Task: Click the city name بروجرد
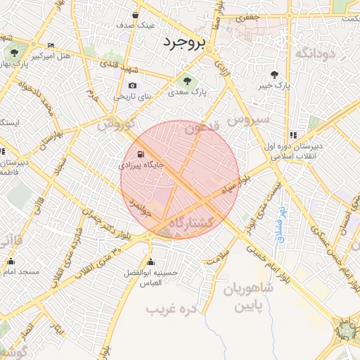pyautogui.click(x=184, y=41)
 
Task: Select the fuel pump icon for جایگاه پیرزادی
pyautogui.click(x=141, y=154)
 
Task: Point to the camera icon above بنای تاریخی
pyautogui.click(x=132, y=85)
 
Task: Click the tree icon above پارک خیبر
pyautogui.click(x=274, y=74)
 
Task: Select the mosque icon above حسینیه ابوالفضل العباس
pyautogui.click(x=150, y=262)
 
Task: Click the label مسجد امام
pyautogui.click(x=20, y=271)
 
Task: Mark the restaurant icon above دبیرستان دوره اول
pyautogui.click(x=292, y=135)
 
